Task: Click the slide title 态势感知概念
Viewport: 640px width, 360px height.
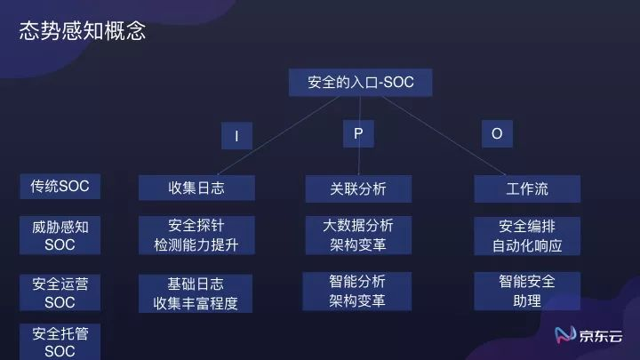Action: click(83, 32)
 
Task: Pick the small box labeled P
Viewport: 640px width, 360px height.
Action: click(358, 133)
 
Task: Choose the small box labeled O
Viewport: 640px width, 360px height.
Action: click(497, 133)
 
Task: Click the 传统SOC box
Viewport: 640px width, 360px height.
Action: click(60, 186)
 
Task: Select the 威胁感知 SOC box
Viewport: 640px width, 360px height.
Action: click(60, 236)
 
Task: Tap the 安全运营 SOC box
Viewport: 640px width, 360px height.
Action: click(60, 292)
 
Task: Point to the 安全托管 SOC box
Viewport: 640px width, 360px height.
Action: click(60, 342)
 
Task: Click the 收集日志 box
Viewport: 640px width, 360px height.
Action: click(196, 188)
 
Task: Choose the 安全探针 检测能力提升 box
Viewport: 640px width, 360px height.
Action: click(196, 235)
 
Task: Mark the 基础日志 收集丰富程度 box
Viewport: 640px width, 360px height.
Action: click(196, 293)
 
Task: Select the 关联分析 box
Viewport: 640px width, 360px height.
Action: click(358, 188)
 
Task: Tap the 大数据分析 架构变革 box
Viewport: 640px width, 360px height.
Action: click(358, 235)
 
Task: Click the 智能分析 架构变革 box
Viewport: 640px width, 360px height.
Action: click(358, 291)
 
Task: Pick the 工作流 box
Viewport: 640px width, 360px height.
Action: click(527, 188)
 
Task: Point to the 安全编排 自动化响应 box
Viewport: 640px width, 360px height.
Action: click(527, 236)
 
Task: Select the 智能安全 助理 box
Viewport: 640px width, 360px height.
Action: click(527, 291)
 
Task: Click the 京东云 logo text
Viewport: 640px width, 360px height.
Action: click(602, 336)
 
